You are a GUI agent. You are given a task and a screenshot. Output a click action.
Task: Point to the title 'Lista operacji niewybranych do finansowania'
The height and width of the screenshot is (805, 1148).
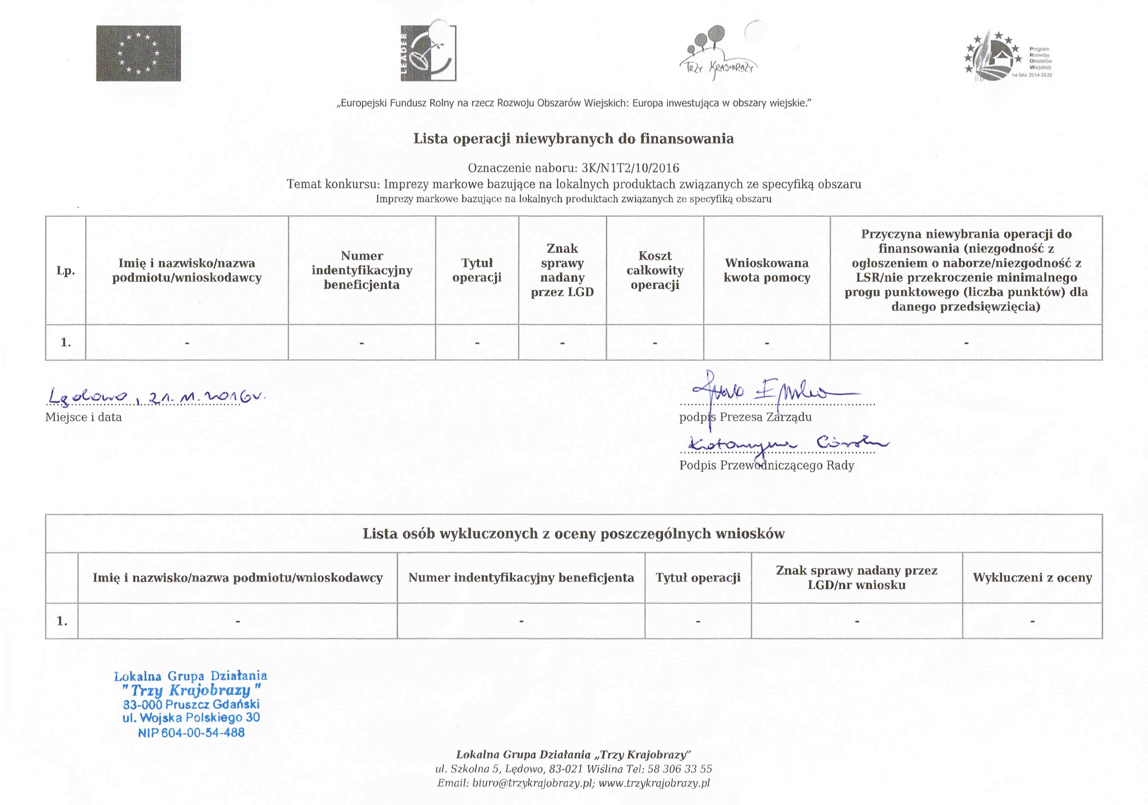click(573, 139)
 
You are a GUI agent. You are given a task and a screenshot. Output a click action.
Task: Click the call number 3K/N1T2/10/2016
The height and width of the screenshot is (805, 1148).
click(630, 168)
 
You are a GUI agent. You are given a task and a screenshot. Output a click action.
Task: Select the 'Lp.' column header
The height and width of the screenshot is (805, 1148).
click(65, 271)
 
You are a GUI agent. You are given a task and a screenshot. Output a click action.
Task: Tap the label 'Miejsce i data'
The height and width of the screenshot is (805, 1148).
click(84, 417)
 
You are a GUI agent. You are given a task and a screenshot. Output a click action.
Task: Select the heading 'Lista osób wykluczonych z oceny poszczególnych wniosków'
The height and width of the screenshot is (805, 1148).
click(573, 533)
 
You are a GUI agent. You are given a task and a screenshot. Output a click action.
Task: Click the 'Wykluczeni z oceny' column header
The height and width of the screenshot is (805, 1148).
click(1032, 578)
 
